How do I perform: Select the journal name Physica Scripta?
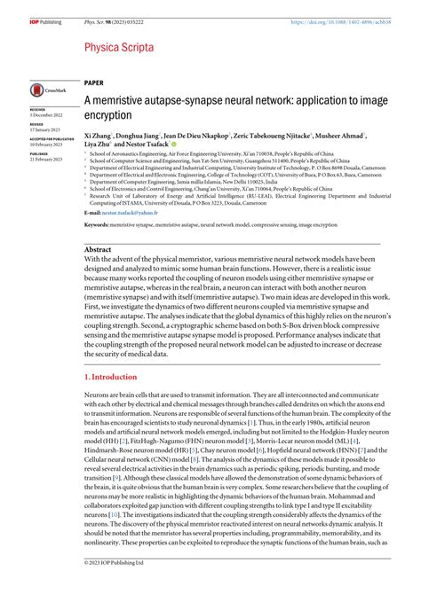119,47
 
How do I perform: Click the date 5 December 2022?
46,117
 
